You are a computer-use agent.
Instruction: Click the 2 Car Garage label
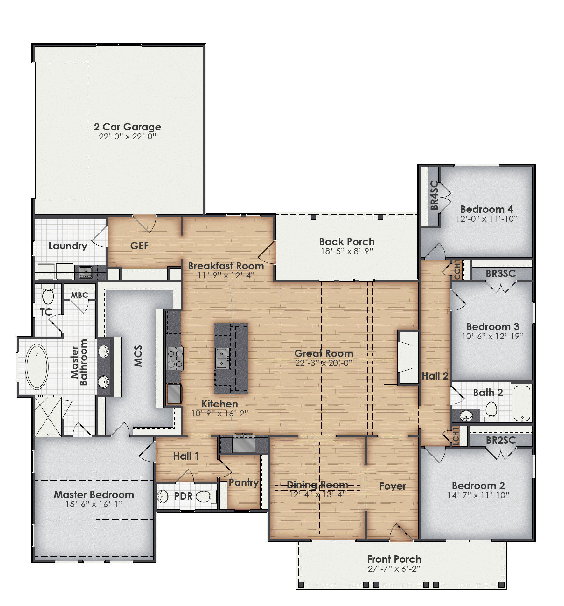pos(127,127)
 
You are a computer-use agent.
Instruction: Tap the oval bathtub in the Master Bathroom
pos(37,366)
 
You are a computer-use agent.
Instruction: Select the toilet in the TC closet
pos(48,295)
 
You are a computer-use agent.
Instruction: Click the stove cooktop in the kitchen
pos(175,359)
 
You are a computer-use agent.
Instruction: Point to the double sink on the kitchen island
pos(222,358)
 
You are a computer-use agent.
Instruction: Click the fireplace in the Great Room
pos(407,358)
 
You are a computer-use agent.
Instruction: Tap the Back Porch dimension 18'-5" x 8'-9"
pos(347,251)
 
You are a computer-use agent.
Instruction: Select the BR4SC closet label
pos(434,195)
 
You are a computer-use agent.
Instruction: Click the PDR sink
pos(163,496)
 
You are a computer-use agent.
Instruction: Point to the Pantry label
pos(244,483)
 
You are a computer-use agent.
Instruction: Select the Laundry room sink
pos(86,272)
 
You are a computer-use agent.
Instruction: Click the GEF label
pos(139,246)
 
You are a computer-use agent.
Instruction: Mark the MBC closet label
pos(79,295)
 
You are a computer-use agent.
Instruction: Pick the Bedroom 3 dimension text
pos(492,336)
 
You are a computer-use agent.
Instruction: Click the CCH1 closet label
pos(457,269)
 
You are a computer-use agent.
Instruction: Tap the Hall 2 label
pos(435,376)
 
